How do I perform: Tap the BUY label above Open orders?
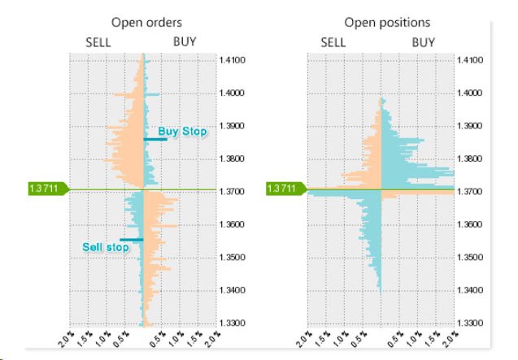[x=185, y=42]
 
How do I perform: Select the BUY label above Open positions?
[x=423, y=42]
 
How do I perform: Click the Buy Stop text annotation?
[x=182, y=131]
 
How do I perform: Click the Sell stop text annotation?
[x=106, y=247]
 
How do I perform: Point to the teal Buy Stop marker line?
[x=155, y=139]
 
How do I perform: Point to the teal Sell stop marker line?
[x=131, y=240]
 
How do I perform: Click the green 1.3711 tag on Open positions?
[x=286, y=189]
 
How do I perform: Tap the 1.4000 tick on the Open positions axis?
[x=471, y=93]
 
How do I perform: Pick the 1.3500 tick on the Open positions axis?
[x=471, y=258]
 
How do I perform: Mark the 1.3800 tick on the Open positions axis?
[x=471, y=158]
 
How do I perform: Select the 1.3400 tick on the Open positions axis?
[x=471, y=290]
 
